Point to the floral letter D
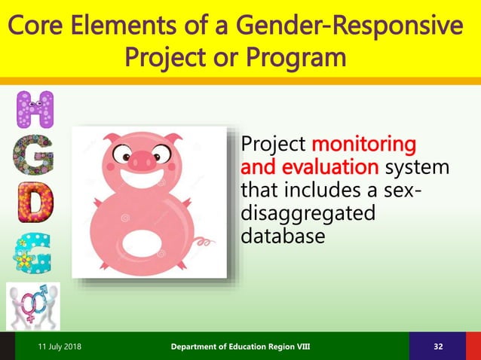35,201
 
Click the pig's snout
141,160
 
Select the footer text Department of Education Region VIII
239,346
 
